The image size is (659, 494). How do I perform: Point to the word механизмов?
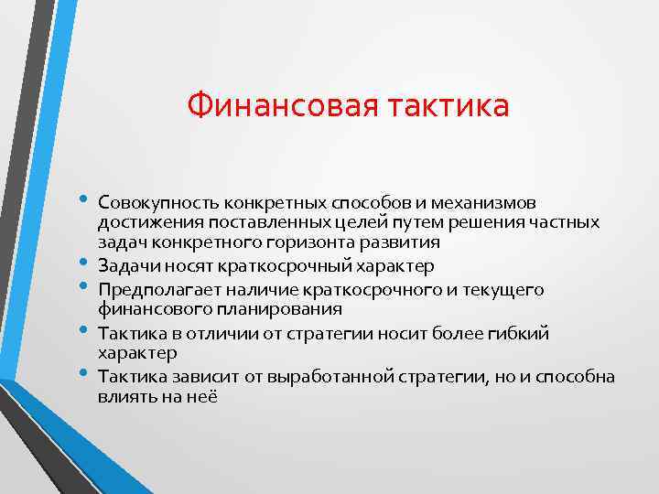(488, 200)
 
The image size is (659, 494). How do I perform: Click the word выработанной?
(290, 377)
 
